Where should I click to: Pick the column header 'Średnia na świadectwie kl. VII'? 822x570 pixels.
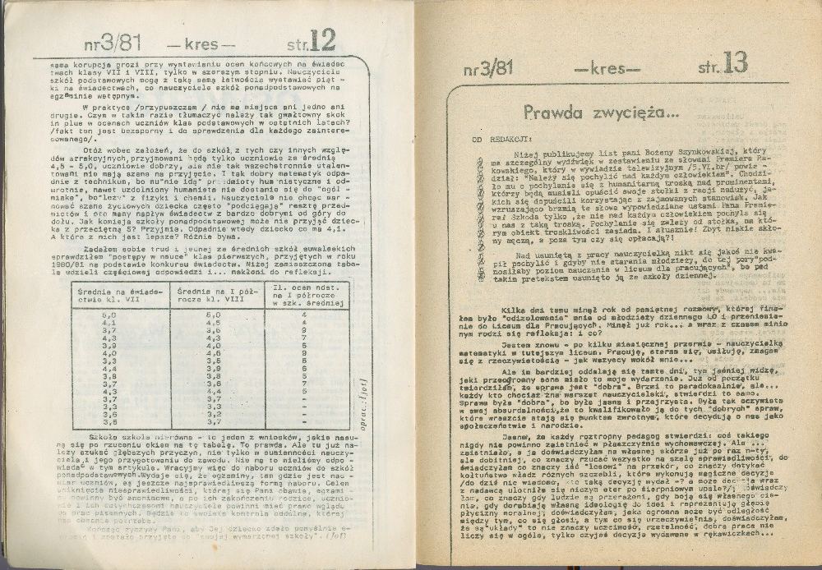[122, 295]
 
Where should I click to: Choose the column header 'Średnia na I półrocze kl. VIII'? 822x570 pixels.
[215, 295]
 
